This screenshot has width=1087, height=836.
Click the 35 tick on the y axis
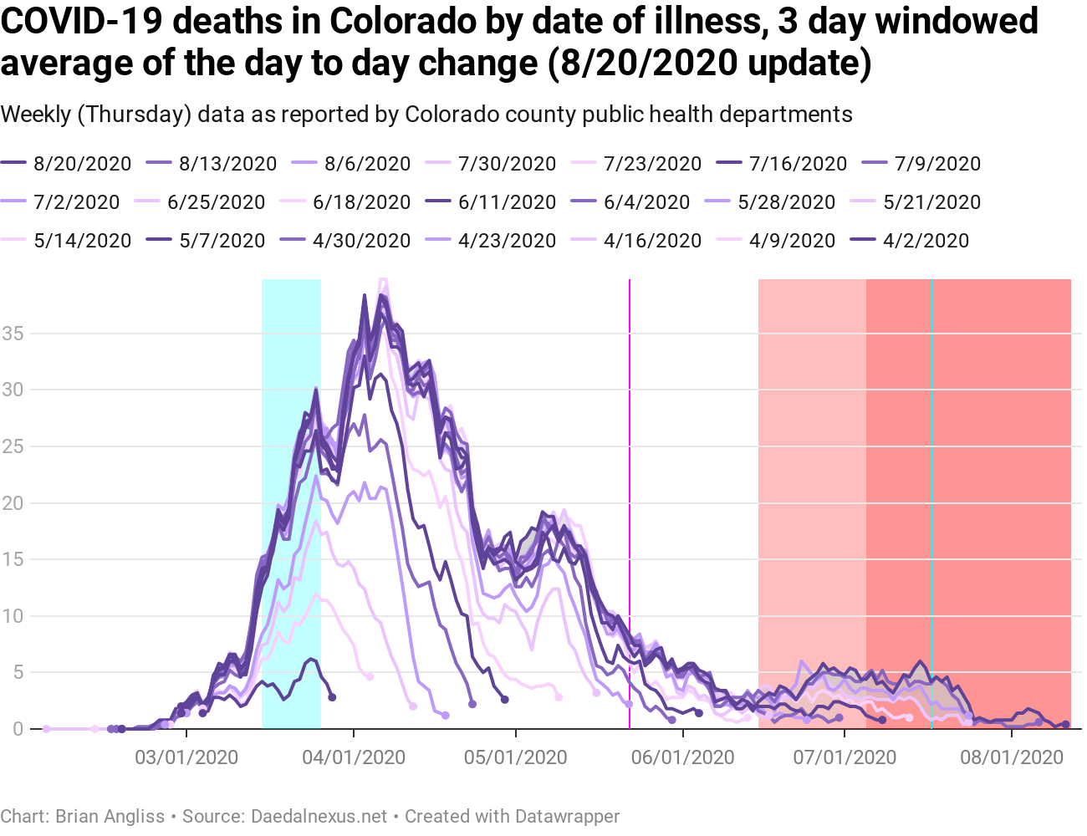click(13, 334)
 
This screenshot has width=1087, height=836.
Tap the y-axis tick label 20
click(13, 503)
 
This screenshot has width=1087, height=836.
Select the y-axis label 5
click(18, 673)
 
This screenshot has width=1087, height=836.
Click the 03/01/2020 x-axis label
click(186, 758)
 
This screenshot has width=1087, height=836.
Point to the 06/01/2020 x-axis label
click(683, 758)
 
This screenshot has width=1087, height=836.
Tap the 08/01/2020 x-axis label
click(1012, 758)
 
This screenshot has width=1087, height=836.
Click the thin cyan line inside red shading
click(931, 418)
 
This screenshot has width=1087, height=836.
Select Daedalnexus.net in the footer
click(319, 816)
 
